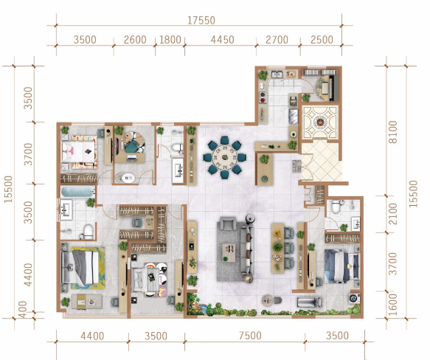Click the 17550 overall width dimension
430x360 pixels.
point(201,21)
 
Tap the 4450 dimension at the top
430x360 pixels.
point(223,40)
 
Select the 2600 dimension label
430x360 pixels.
point(135,40)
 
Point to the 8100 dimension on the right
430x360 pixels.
point(392,132)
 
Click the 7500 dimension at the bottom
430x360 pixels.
point(250,336)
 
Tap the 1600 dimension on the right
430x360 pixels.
point(392,304)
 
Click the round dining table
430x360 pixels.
point(225,157)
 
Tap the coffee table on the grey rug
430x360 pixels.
point(229,252)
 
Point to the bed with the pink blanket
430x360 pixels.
point(79,152)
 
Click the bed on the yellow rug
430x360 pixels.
point(80,267)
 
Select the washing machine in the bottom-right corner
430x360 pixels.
point(354,298)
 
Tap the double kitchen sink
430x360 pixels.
point(277,74)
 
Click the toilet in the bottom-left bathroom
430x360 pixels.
point(87,232)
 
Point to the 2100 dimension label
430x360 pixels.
point(392,214)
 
